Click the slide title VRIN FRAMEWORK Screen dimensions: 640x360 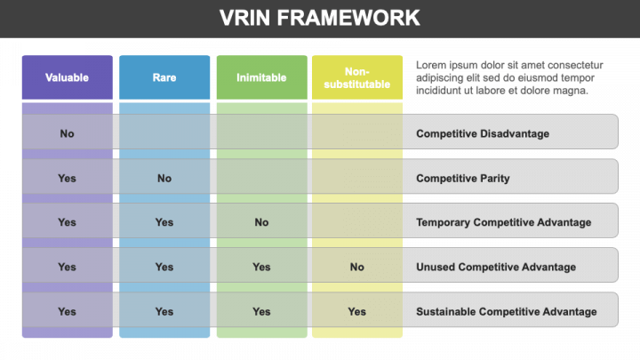click(x=320, y=18)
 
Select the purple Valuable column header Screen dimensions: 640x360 click(x=68, y=77)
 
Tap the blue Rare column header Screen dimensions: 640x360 click(x=164, y=77)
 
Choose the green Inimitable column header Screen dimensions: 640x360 click(x=261, y=77)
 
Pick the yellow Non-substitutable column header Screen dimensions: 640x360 click(x=357, y=77)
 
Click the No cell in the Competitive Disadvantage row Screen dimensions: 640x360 click(x=67, y=133)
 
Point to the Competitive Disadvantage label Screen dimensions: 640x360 click(x=483, y=133)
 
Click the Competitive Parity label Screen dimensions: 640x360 click(x=463, y=179)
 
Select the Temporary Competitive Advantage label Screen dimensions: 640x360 click(x=504, y=222)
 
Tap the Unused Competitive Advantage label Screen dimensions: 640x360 click(x=496, y=267)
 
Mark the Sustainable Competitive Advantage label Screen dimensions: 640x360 click(x=506, y=312)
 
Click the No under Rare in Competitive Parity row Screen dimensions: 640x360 click(x=164, y=179)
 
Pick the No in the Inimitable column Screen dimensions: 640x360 click(x=261, y=222)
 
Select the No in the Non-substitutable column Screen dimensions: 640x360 click(x=357, y=267)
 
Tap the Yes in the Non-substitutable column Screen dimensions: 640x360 click(x=357, y=312)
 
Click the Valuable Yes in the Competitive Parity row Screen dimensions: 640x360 click(x=67, y=179)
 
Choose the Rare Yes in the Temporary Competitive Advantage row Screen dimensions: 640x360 click(x=164, y=222)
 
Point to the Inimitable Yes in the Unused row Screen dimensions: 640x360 click(x=261, y=267)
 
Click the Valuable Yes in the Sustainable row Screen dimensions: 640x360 click(x=67, y=312)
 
